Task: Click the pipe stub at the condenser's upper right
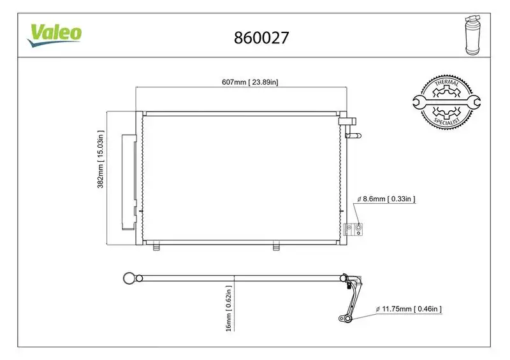[353, 134]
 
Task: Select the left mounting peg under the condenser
[154, 245]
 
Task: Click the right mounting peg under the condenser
[276, 245]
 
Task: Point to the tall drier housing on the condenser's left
[129, 182]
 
